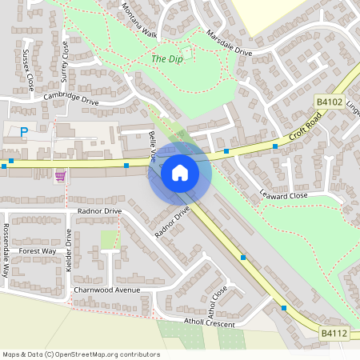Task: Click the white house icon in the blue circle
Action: pos(180,172)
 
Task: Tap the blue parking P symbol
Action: pos(24,132)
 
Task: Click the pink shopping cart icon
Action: pos(60,175)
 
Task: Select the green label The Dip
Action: pos(166,59)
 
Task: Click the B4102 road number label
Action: pos(329,102)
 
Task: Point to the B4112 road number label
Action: pos(335,333)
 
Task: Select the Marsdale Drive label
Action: pos(229,43)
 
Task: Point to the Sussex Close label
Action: pos(29,70)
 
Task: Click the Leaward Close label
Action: pos(283,194)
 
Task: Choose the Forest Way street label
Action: pos(38,251)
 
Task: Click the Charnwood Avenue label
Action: pos(106,290)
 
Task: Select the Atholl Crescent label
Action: pos(209,323)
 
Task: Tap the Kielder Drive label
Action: pos(69,247)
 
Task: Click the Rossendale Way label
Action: pos(6,256)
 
